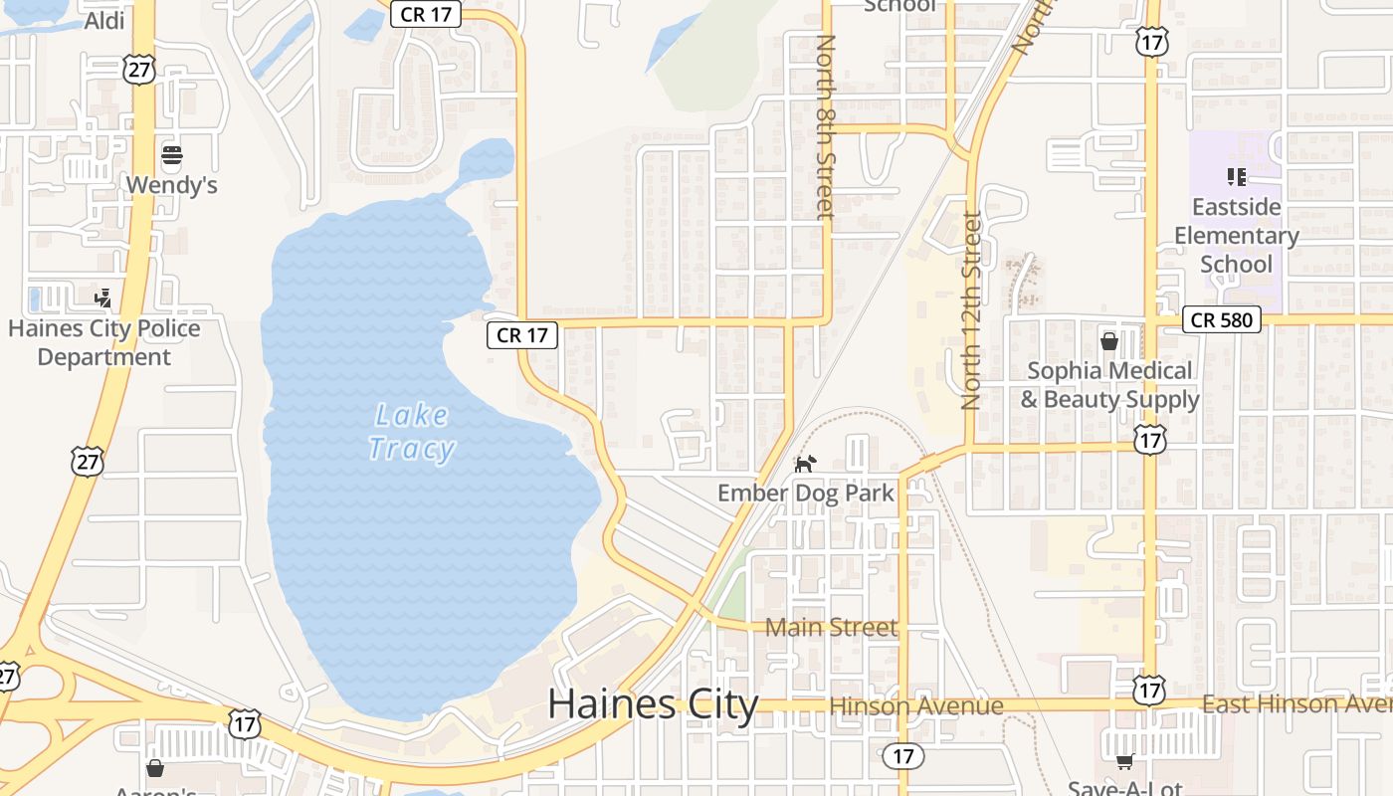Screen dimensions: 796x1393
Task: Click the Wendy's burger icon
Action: click(172, 155)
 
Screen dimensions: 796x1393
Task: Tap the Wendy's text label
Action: click(171, 185)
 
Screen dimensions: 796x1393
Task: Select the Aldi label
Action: click(104, 21)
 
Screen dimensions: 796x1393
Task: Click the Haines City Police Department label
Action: click(104, 342)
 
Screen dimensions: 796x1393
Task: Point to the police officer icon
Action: click(102, 297)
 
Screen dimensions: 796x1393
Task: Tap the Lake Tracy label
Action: click(412, 432)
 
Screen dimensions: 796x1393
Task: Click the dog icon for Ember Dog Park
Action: click(805, 464)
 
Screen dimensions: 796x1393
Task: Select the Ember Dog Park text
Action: click(806, 493)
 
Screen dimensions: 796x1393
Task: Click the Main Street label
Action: click(831, 627)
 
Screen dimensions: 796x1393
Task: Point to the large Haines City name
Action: click(653, 704)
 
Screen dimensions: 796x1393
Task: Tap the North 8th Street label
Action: click(825, 126)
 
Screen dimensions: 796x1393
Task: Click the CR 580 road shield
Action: click(1223, 319)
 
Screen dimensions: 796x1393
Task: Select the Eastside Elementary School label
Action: click(1236, 236)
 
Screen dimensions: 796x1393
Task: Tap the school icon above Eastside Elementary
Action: click(1237, 177)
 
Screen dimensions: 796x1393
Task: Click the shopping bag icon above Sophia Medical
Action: click(1109, 341)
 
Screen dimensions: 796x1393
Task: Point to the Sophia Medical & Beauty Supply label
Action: click(1109, 385)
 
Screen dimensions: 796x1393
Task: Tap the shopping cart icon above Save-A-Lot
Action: click(1124, 761)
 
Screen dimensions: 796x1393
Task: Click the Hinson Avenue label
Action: click(916, 706)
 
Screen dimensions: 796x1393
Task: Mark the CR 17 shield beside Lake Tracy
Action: click(522, 335)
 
